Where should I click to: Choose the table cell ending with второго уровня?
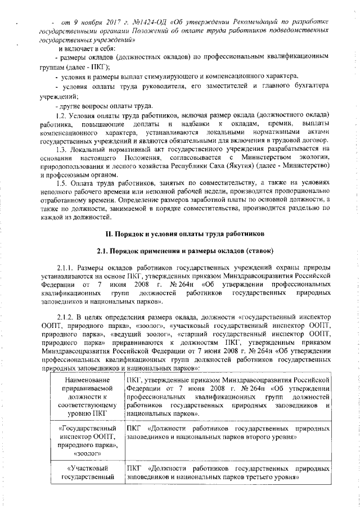tap(228, 433)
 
